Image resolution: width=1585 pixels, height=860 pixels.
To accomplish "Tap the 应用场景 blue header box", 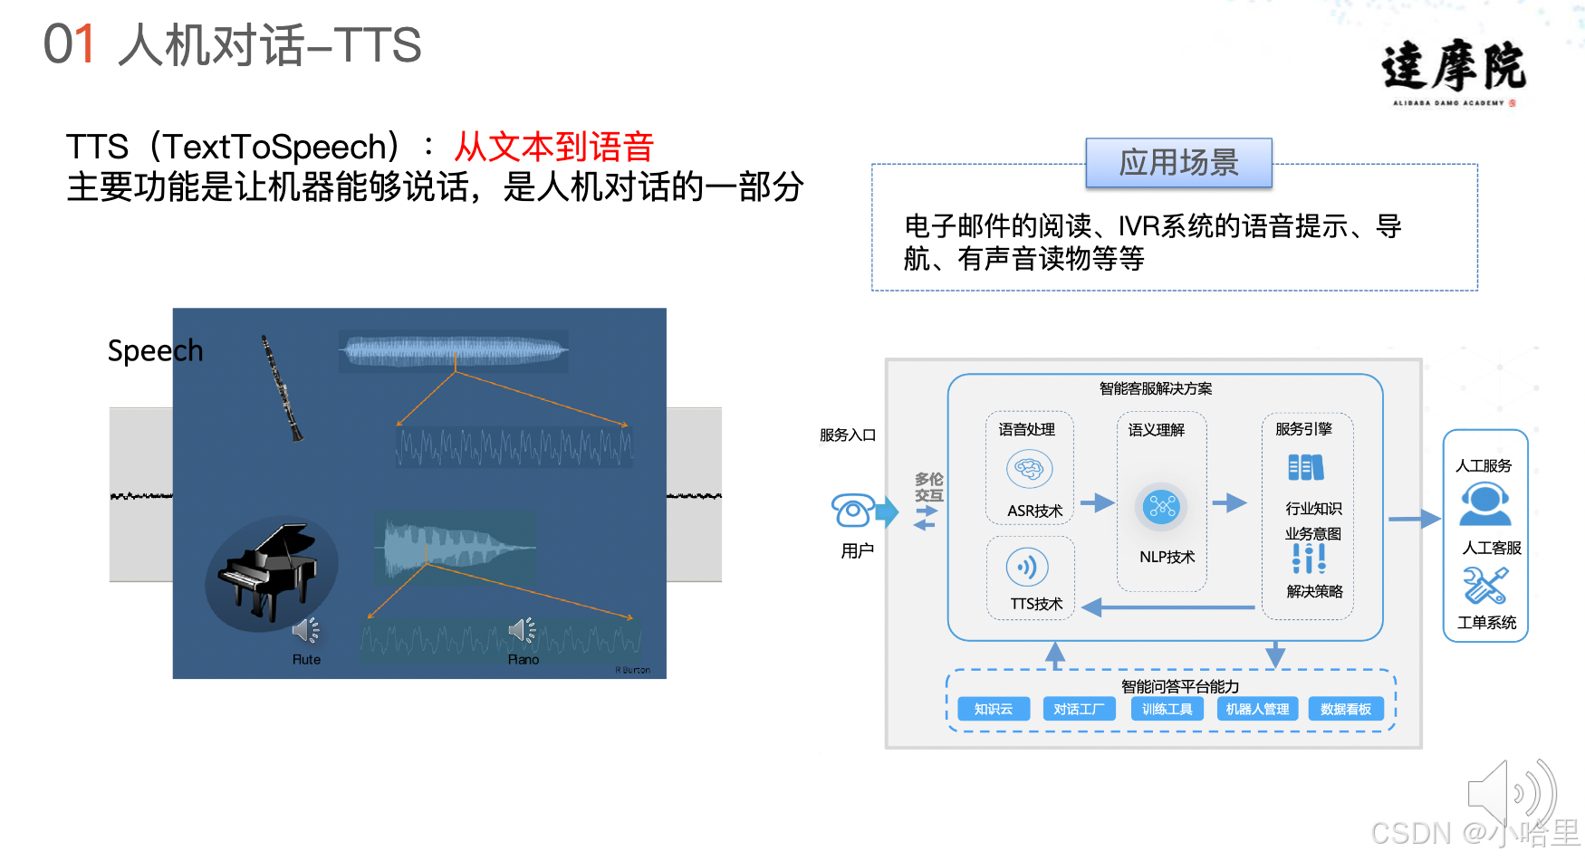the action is pos(1178,163).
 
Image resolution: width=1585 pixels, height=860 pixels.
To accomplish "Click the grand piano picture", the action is pos(269,573).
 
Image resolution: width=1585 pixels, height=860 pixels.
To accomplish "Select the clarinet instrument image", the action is pos(282,388).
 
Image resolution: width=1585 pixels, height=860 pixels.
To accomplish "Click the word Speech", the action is pos(155,350).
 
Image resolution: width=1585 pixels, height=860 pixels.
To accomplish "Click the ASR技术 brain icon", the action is pos(1029,469).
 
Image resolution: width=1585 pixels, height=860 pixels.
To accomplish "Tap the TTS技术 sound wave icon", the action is pos(1027,568).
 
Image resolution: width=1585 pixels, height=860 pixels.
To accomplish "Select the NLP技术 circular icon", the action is pos(1161,506).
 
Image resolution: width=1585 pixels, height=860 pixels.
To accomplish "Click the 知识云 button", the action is pos(993,709).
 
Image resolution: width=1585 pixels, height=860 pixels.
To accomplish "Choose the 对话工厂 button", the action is pos(1079,709).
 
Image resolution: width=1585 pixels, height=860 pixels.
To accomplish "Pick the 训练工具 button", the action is pos(1167,709).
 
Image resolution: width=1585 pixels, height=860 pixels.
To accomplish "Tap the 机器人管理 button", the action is pos(1257,709).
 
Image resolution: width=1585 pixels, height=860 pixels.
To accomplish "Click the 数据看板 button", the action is pos(1346,709).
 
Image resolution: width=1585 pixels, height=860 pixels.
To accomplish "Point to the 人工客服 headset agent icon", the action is pos(1484,504).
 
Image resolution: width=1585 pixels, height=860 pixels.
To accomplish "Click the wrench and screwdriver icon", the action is pos(1485,586).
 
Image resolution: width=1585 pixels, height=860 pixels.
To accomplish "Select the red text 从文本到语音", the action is pos(553,147).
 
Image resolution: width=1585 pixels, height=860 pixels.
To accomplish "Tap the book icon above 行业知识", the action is pos(1305,468).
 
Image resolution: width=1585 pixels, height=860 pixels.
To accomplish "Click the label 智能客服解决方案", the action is pos(1156,388).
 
